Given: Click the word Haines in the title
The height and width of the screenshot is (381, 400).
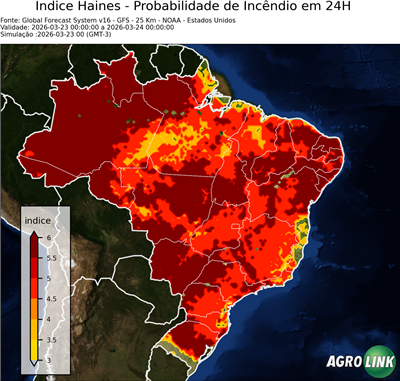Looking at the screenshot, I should [x=113, y=7].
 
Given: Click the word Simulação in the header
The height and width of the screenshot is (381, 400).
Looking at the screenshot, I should [x=17, y=35].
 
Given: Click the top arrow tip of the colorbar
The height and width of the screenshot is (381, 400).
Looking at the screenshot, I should [x=34, y=231].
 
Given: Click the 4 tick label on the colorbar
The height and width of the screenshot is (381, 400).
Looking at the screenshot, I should [x=47, y=319].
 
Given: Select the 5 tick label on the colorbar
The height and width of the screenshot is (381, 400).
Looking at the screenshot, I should [x=47, y=277].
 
